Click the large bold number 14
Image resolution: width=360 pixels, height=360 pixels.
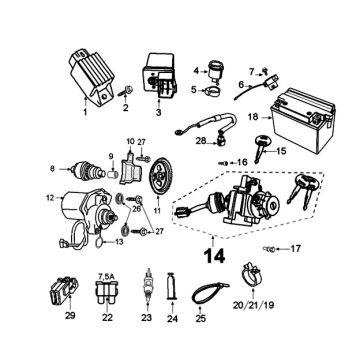click(214, 256)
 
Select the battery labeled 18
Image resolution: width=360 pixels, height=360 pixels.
click(303, 120)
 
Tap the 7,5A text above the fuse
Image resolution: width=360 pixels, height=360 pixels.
click(108, 276)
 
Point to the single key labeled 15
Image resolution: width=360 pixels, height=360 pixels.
click(261, 149)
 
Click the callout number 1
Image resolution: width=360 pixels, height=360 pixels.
click(85, 112)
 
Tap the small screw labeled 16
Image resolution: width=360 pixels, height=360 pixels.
click(224, 163)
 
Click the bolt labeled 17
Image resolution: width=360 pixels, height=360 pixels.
click(269, 249)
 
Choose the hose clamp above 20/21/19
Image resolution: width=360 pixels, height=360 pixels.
click(251, 274)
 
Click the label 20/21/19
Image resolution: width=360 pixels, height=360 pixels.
click(253, 305)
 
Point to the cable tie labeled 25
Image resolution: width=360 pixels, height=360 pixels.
click(210, 291)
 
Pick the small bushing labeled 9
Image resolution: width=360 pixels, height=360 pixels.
click(114, 174)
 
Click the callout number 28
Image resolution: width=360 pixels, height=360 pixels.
click(201, 141)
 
